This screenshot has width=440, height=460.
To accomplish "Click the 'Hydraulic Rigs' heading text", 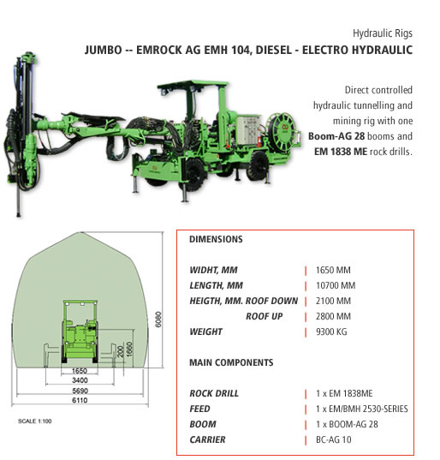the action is tap(383, 33).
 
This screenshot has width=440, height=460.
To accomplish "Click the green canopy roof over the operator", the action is tap(193, 84).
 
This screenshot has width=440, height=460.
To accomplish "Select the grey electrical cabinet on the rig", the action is tap(247, 129).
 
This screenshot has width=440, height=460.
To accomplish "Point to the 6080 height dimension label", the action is tap(158, 320).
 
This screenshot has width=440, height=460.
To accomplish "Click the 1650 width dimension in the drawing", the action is tap(80, 371).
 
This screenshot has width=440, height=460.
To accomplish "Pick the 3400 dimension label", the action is tap(80, 380).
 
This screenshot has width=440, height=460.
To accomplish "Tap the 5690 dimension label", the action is tap(80, 391).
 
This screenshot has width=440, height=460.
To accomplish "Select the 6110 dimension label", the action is tap(80, 400).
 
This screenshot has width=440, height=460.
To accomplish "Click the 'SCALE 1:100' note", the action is tap(35, 421).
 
